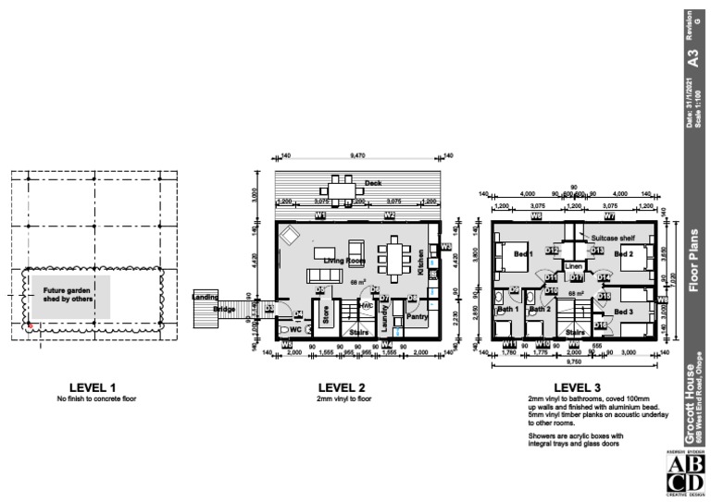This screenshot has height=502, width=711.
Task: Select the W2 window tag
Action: tap(390, 215)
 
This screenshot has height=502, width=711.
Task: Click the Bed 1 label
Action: tap(524, 253)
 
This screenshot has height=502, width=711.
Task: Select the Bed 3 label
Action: tap(624, 312)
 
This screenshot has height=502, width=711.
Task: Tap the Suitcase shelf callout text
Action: tap(612, 238)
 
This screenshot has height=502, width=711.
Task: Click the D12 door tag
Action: tap(553, 251)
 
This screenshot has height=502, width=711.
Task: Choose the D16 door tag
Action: tap(600, 325)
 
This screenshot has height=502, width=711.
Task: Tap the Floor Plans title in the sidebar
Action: tap(692, 259)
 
